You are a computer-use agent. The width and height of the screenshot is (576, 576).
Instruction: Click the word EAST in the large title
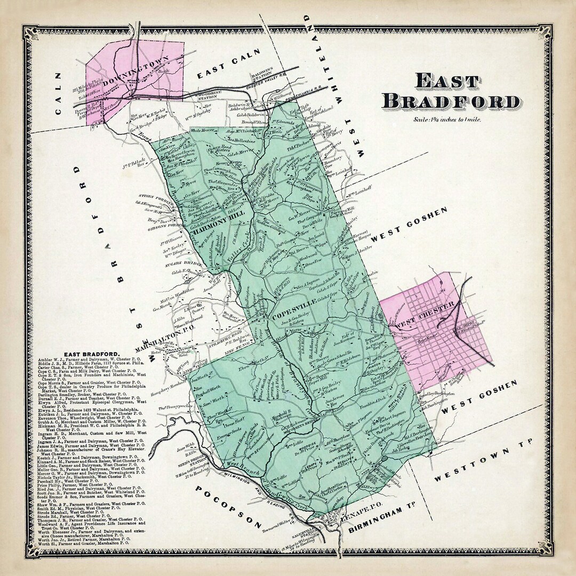pos(447,82)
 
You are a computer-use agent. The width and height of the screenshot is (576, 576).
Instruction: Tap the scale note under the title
pos(447,119)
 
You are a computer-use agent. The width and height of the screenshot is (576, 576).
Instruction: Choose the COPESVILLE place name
pos(293,309)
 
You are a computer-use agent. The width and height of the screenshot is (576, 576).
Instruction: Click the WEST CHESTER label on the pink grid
pos(424,315)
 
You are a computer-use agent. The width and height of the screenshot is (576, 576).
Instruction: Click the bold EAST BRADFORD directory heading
pos(92,354)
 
